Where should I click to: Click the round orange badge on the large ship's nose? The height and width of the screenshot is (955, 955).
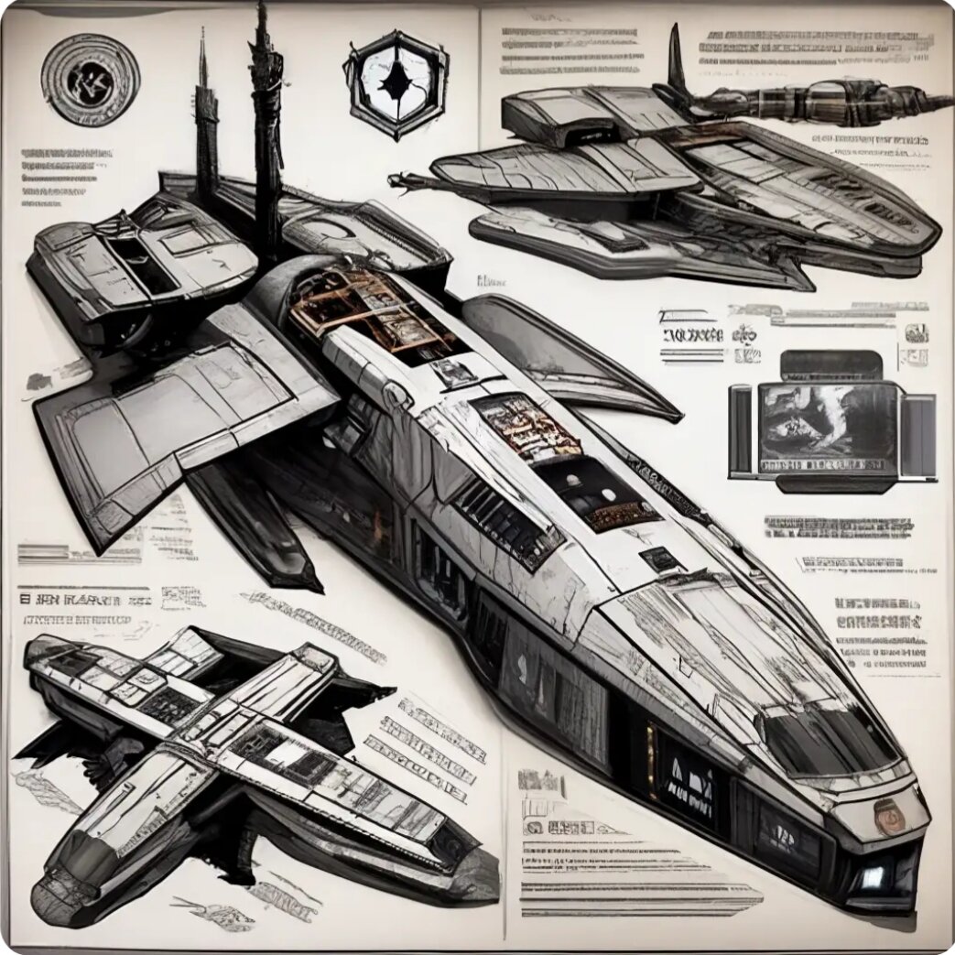coord(885,813)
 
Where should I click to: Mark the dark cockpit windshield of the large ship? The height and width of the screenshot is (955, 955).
coord(829,736)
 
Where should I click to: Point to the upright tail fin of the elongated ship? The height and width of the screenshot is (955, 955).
coord(677,60)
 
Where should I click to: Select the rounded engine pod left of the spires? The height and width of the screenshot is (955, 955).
coord(137,266)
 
